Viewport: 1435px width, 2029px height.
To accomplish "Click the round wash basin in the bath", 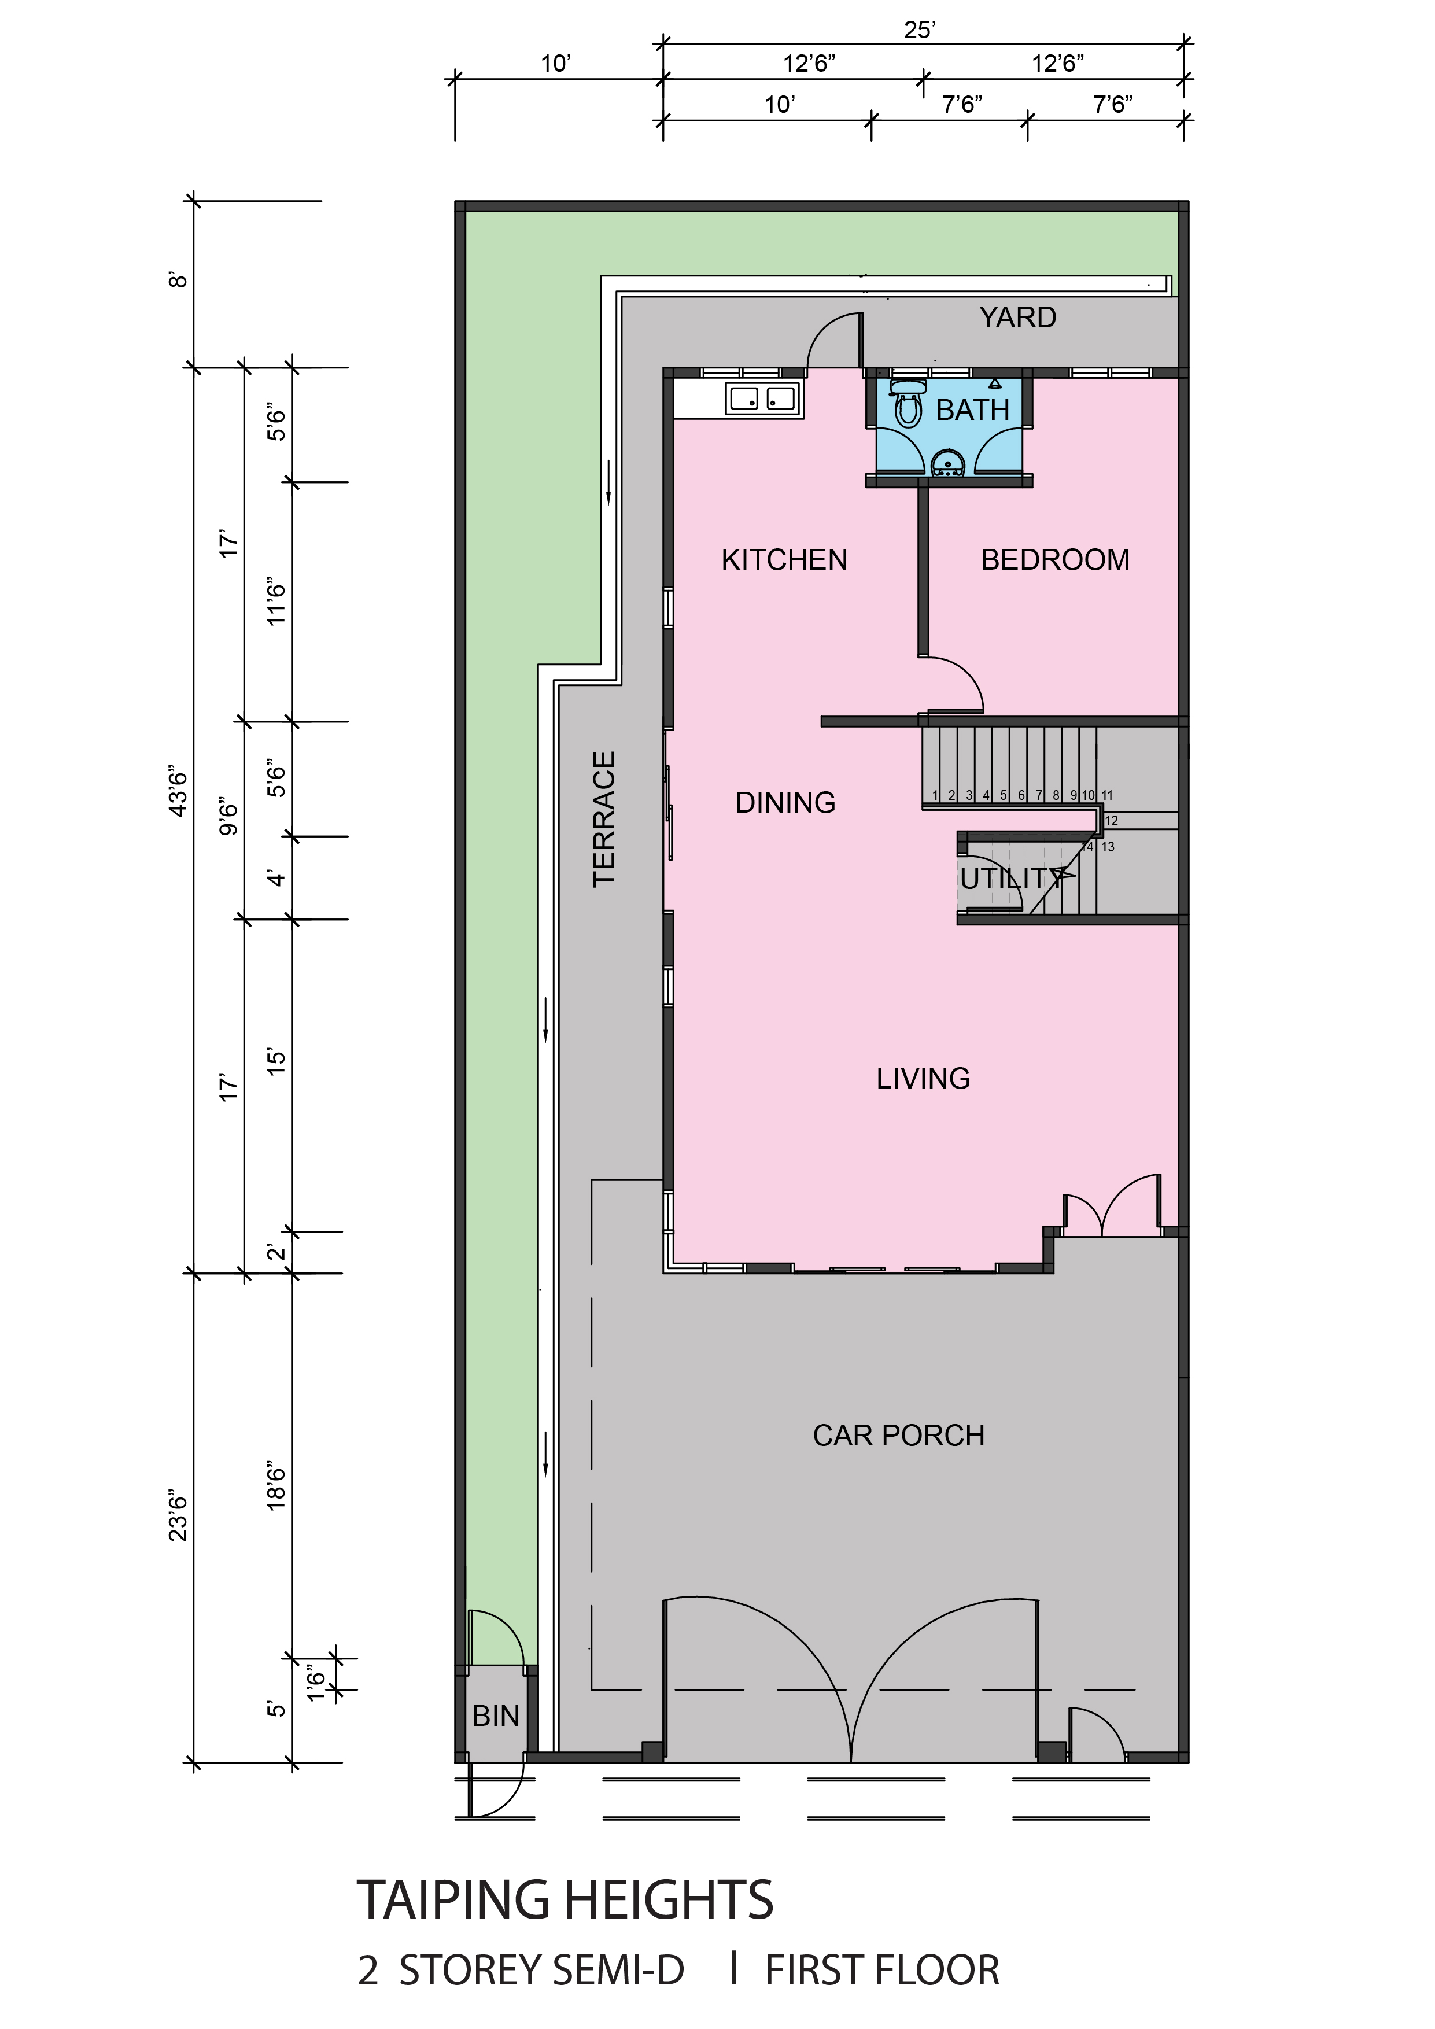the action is pos(948,464).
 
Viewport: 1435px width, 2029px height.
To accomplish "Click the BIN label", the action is pos(496,1716).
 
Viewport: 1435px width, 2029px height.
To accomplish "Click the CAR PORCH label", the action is pos(899,1435).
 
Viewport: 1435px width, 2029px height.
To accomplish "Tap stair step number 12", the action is pos(1112,821).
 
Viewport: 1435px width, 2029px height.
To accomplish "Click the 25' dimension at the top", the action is pos(920,30).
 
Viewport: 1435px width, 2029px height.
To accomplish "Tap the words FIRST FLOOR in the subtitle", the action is pos(882,1971).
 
